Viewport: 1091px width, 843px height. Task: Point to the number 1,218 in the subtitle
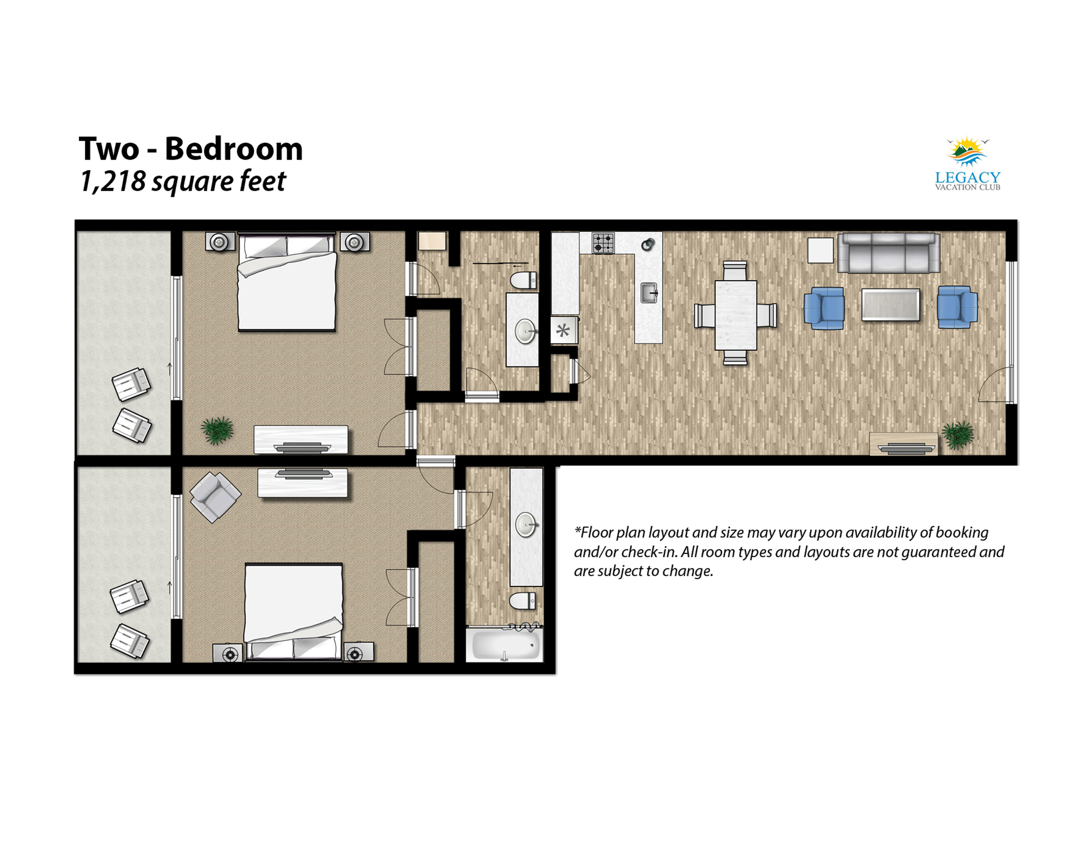[x=113, y=181]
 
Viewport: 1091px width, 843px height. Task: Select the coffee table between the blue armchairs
[x=891, y=305]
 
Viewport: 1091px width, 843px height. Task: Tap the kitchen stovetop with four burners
[x=603, y=243]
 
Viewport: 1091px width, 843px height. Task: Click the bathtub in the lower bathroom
[x=504, y=645]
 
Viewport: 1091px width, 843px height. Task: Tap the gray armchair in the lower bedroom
[x=215, y=497]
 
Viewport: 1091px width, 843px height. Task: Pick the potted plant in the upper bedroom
[x=217, y=430]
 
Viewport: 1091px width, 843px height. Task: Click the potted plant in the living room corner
[x=958, y=435]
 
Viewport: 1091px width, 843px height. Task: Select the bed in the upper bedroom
[x=287, y=282]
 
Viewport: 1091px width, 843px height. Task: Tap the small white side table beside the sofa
[x=820, y=250]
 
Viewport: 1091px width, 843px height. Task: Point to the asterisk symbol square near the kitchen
[x=563, y=330]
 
